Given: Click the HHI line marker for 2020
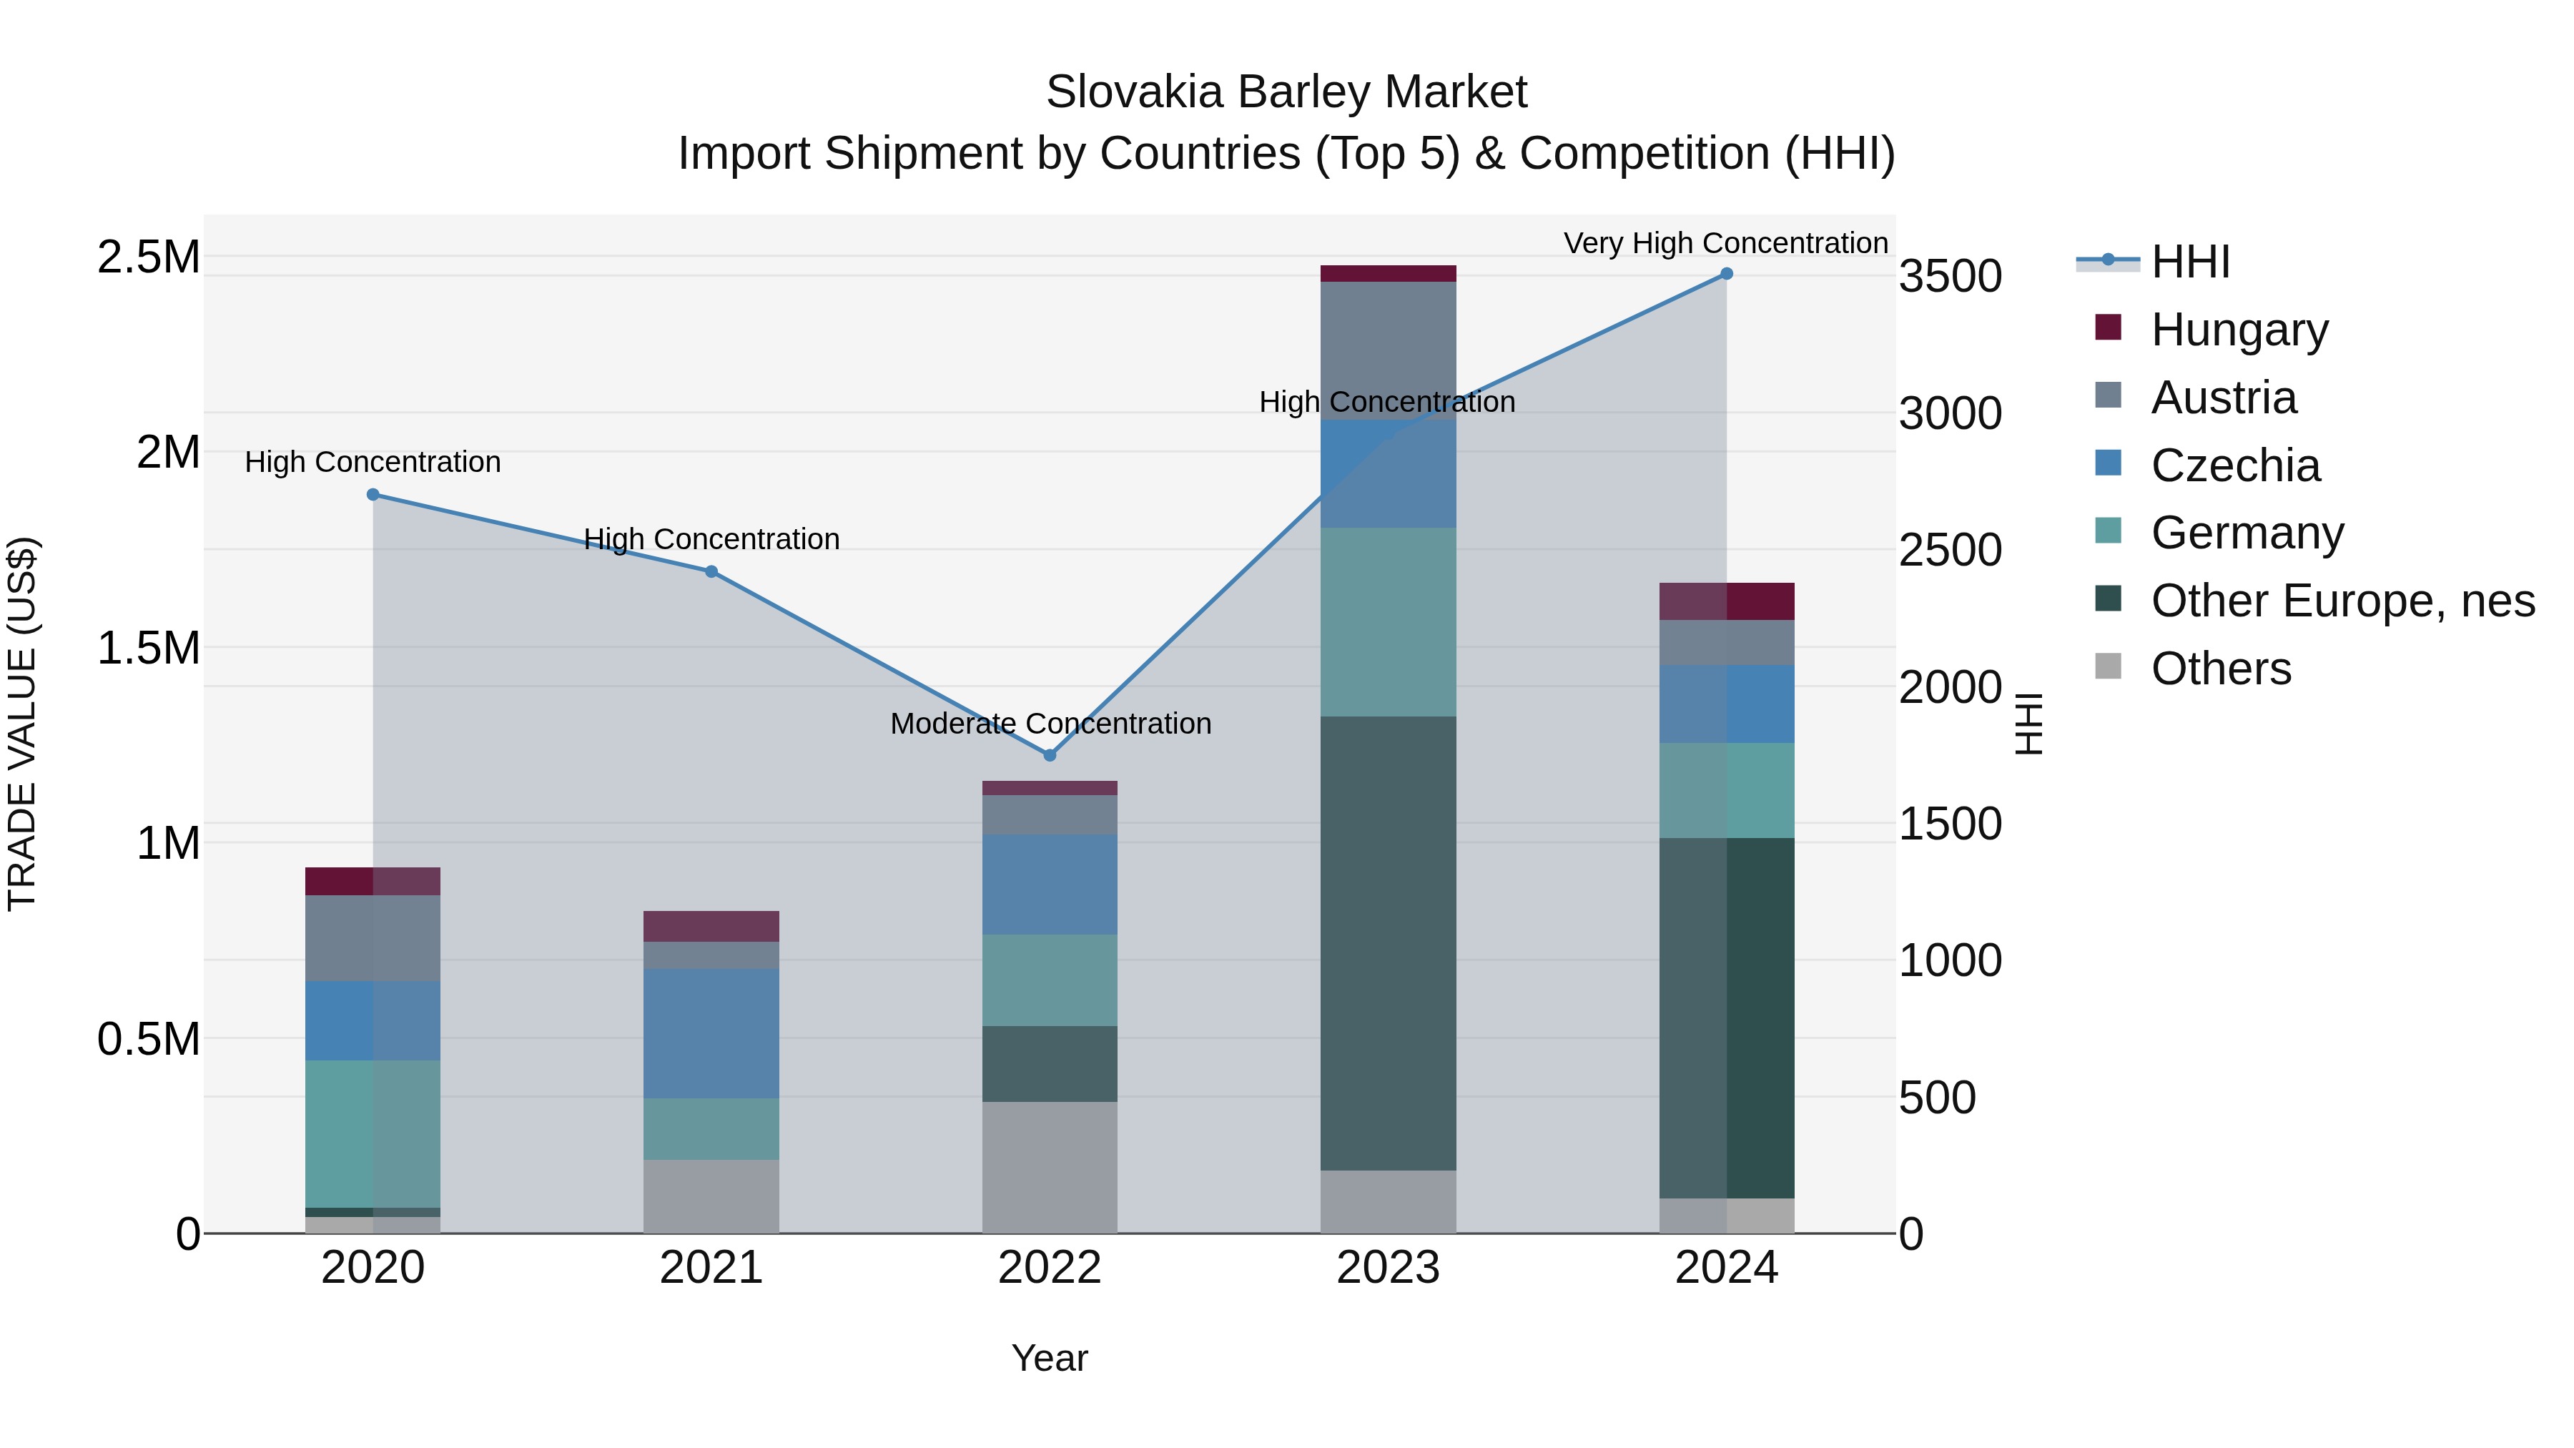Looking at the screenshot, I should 373,495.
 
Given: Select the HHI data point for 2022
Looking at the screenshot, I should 1049,756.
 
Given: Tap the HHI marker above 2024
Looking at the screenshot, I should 1727,274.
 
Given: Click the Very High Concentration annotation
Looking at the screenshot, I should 1726,243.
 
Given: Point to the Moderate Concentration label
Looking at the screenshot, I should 1050,724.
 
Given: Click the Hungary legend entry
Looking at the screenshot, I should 2239,330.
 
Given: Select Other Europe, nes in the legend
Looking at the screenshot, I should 2342,601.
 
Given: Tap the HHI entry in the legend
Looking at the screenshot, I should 2189,262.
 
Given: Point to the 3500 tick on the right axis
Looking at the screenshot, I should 1950,277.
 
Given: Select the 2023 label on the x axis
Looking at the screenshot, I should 1388,1268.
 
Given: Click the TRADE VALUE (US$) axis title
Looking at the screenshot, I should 22,724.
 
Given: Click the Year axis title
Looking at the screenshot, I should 1049,1358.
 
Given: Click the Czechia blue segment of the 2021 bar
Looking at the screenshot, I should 711,1033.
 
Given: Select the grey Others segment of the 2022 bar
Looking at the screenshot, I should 1049,1167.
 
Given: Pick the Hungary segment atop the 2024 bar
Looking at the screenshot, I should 1727,601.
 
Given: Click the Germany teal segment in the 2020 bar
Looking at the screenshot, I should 373,1133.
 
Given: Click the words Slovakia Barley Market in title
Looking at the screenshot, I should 1286,92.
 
